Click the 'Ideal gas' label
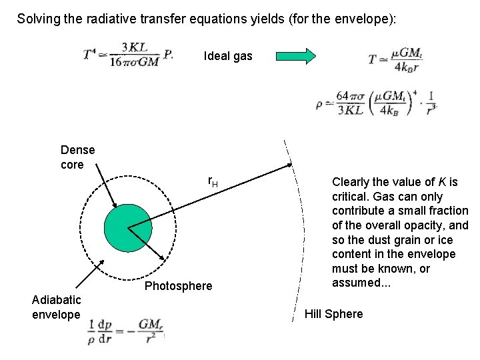[x=228, y=57]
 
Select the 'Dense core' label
[x=77, y=157]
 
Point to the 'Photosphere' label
[x=178, y=287]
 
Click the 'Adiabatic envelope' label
[x=56, y=307]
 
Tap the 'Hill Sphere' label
[x=333, y=314]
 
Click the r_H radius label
[x=213, y=181]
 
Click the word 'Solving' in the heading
[x=39, y=19]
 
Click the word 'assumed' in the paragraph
[x=357, y=283]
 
